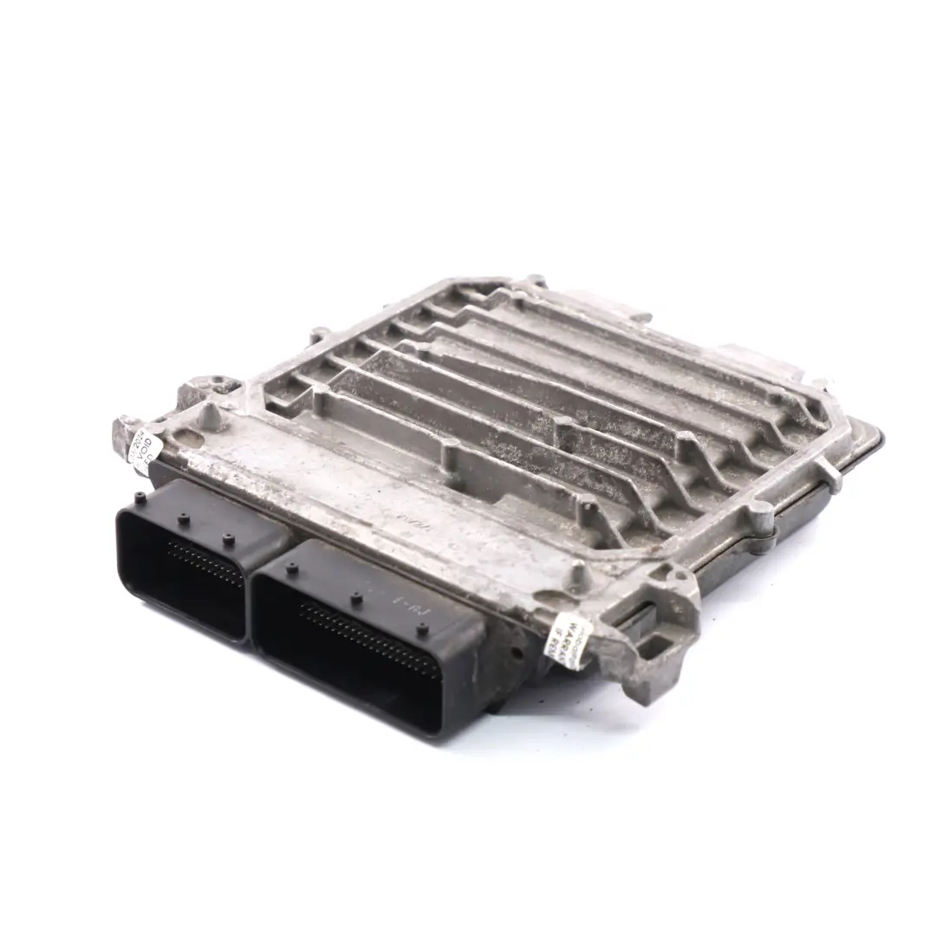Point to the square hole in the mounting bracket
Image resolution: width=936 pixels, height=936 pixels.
[x=658, y=645]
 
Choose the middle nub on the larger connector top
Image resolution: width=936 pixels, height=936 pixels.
[x=355, y=597]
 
